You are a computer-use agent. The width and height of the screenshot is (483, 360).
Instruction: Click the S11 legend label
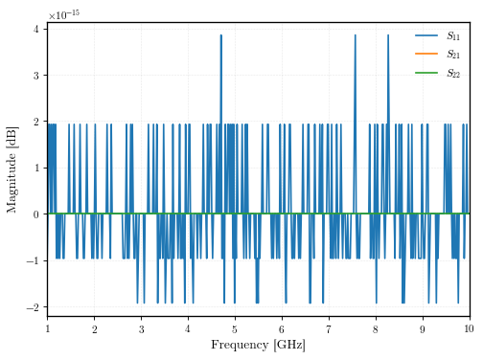pos(453,35)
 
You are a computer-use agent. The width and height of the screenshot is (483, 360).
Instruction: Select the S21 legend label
pos(453,55)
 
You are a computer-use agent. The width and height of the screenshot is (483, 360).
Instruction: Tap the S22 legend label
pos(453,73)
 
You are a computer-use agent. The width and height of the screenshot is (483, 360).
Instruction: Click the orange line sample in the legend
pos(426,54)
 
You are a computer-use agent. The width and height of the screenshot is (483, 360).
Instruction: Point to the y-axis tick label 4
pos(36,30)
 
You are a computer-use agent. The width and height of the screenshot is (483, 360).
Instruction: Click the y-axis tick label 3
pos(36,76)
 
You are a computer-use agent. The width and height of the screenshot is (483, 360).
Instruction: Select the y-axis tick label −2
pos(33,307)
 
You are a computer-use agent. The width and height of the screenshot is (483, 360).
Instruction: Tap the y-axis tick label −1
pos(33,260)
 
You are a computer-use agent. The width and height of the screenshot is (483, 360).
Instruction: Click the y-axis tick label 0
pos(36,214)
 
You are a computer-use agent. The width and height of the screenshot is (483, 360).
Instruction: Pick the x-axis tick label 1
pos(48,328)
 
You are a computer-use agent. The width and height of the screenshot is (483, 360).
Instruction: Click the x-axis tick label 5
pos(235,329)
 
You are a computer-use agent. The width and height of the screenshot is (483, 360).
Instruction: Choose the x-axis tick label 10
pos(469,328)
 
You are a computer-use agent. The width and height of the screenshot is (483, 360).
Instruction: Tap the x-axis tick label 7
pos(329,329)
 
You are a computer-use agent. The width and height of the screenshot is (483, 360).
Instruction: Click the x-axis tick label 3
pos(141,329)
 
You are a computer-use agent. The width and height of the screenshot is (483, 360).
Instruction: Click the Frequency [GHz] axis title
pos(259,345)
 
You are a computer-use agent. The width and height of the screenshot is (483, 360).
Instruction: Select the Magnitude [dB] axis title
pos(12,169)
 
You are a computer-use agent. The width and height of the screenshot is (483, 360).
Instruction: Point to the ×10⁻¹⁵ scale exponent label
pos(64,14)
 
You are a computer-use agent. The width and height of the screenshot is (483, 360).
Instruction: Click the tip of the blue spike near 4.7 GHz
pos(221,34)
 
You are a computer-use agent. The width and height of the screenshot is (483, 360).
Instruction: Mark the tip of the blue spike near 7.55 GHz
pos(356,34)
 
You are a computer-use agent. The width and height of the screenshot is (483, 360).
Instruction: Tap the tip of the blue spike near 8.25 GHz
pos(388,34)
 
